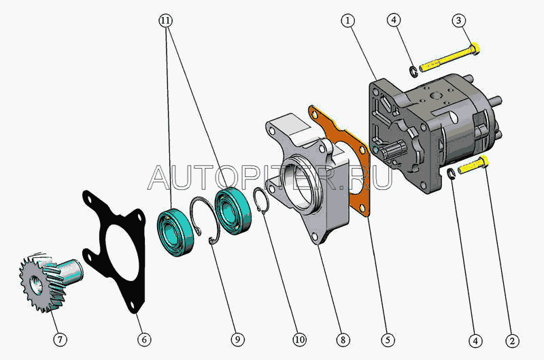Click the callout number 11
[166, 21]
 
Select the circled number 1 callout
[348, 21]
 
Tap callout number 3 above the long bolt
[459, 21]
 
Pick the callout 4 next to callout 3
[394, 21]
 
